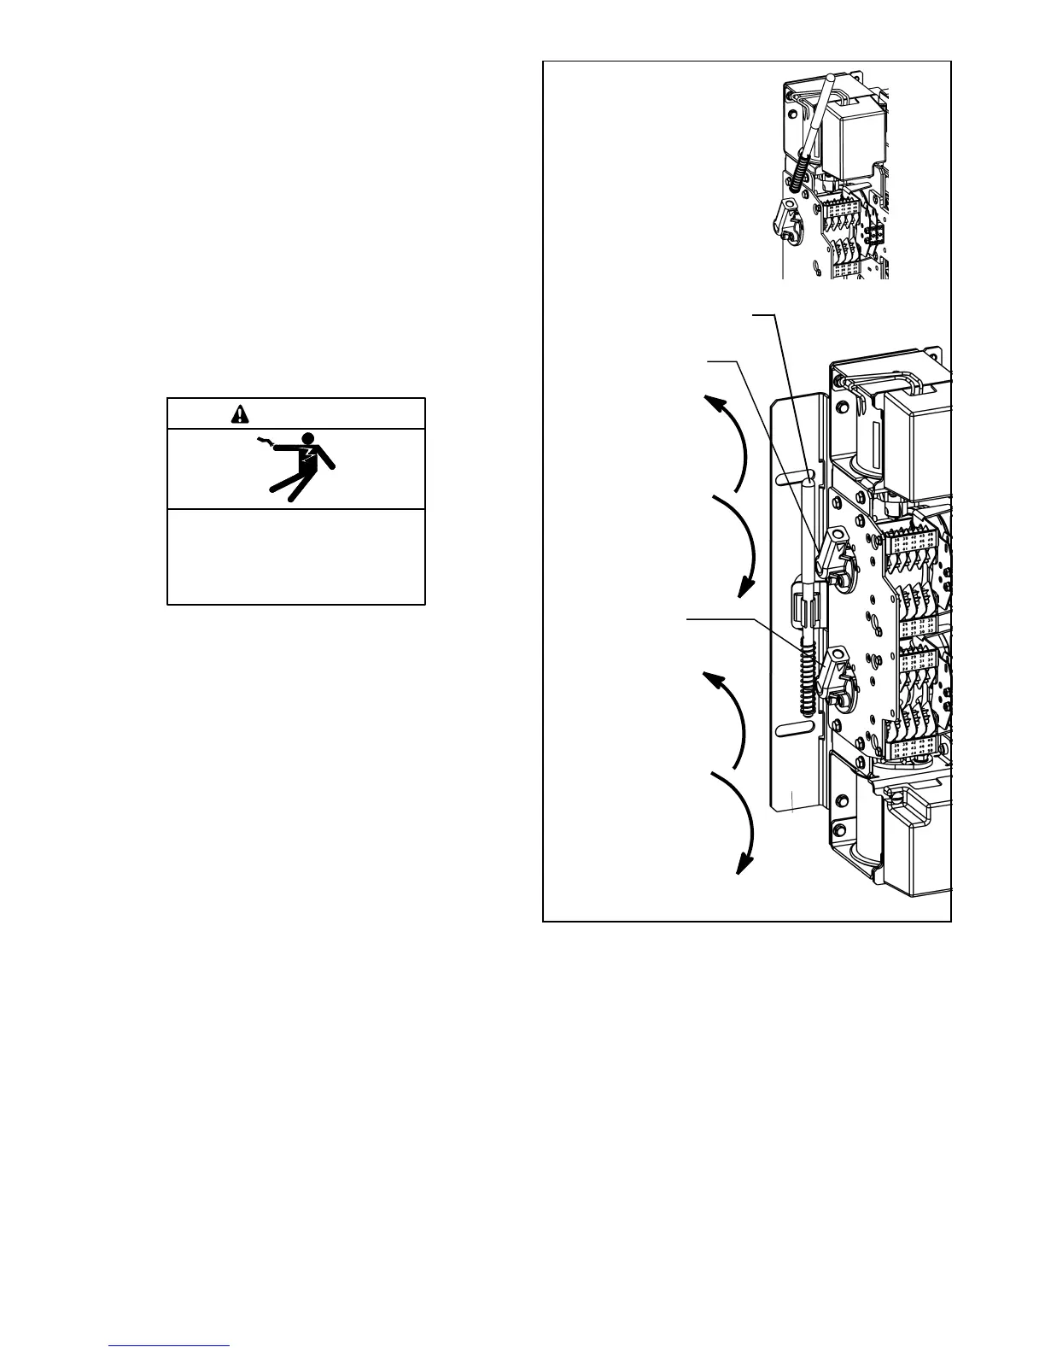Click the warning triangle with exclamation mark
[x=241, y=414]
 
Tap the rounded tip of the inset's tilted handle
[x=828, y=79]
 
